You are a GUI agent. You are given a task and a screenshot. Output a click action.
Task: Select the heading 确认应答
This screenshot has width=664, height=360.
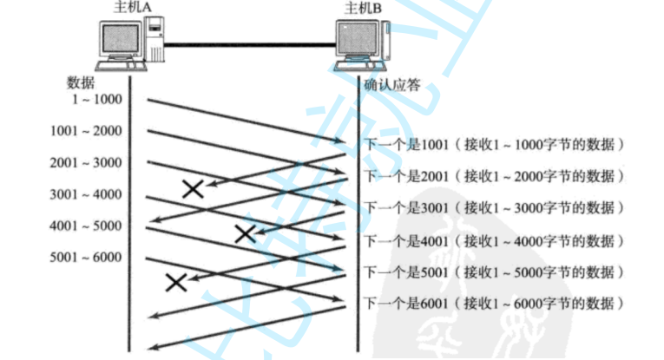(x=391, y=85)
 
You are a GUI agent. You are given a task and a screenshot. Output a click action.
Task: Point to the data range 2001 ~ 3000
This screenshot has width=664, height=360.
(x=87, y=162)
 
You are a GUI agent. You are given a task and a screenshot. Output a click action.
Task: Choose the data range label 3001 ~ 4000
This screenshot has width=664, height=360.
(x=87, y=194)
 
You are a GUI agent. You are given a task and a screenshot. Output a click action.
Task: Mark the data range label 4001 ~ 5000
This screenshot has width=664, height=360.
(x=87, y=226)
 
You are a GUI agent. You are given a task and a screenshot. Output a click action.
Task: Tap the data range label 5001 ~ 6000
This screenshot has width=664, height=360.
(x=87, y=258)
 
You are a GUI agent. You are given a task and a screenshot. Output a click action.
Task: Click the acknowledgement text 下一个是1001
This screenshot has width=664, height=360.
(x=404, y=143)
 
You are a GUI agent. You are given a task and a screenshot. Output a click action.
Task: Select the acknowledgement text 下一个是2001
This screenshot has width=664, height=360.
(x=404, y=175)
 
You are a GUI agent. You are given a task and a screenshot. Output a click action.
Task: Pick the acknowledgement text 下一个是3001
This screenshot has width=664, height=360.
(x=404, y=207)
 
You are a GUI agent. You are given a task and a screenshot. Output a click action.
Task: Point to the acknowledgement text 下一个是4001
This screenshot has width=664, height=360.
(x=404, y=239)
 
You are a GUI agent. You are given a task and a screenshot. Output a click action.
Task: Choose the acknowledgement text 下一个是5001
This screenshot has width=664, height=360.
(x=404, y=272)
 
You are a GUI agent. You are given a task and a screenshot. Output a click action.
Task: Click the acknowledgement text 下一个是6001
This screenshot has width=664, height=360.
(x=404, y=304)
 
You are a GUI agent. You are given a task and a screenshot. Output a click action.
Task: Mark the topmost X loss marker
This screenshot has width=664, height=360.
(x=194, y=188)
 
